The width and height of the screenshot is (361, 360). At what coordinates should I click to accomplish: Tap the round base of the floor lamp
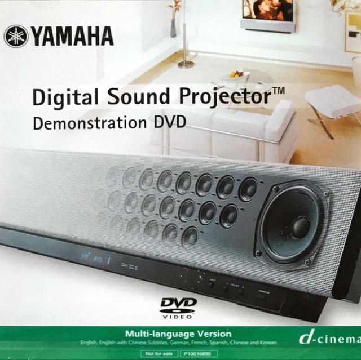pos(186,65)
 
